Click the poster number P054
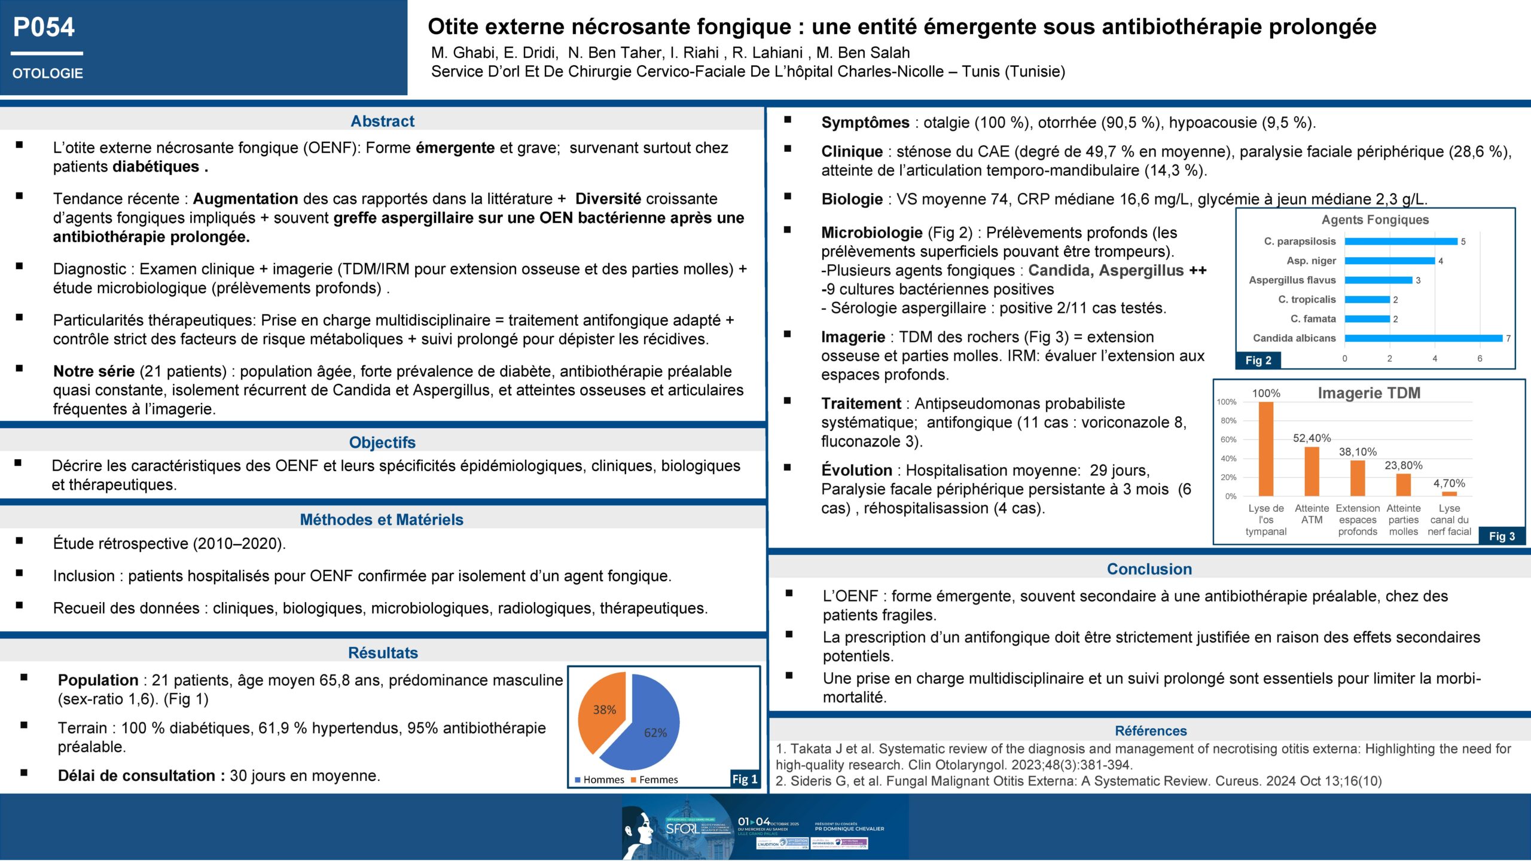point(44,28)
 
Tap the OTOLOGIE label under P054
point(48,74)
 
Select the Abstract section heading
point(382,121)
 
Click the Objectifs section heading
point(382,442)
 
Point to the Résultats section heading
point(383,653)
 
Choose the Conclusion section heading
point(1149,569)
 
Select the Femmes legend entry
point(658,780)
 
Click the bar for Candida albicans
point(1423,338)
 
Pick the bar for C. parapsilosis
point(1401,242)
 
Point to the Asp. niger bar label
point(1311,261)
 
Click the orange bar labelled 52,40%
point(1312,472)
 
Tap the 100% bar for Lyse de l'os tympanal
point(1266,449)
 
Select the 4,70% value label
point(1449,483)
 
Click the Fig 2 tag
point(1258,360)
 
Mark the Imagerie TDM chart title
point(1369,393)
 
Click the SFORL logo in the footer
point(682,829)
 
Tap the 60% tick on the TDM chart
point(1228,439)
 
